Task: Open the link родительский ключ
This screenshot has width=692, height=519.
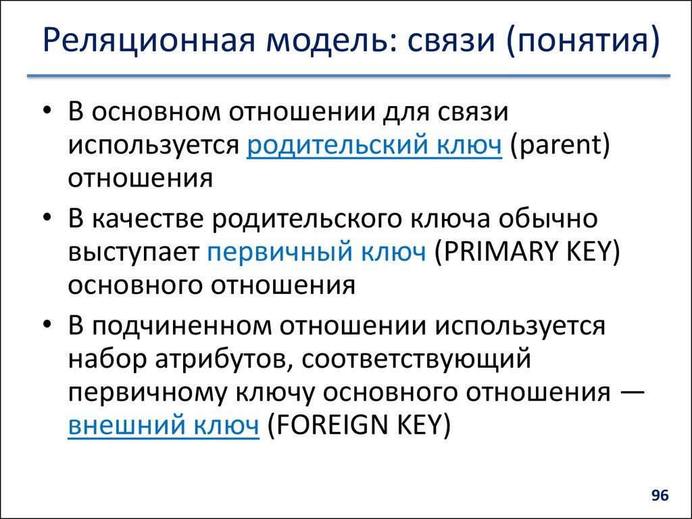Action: pyautogui.click(x=375, y=145)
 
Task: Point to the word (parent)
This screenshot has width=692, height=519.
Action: pyautogui.click(x=560, y=145)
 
